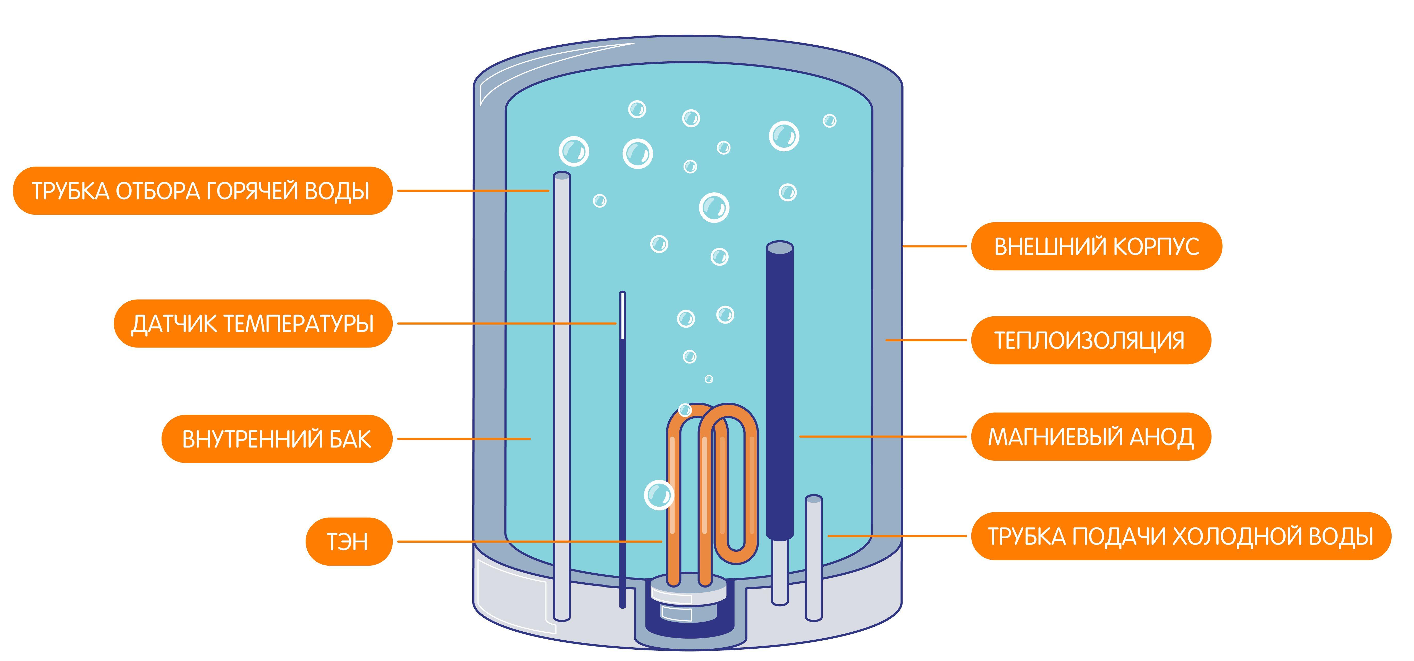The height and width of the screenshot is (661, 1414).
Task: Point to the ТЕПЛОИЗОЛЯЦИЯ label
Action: coord(1090,340)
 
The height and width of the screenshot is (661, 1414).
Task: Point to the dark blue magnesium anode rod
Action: coord(779,384)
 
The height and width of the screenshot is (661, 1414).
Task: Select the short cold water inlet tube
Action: coord(813,555)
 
